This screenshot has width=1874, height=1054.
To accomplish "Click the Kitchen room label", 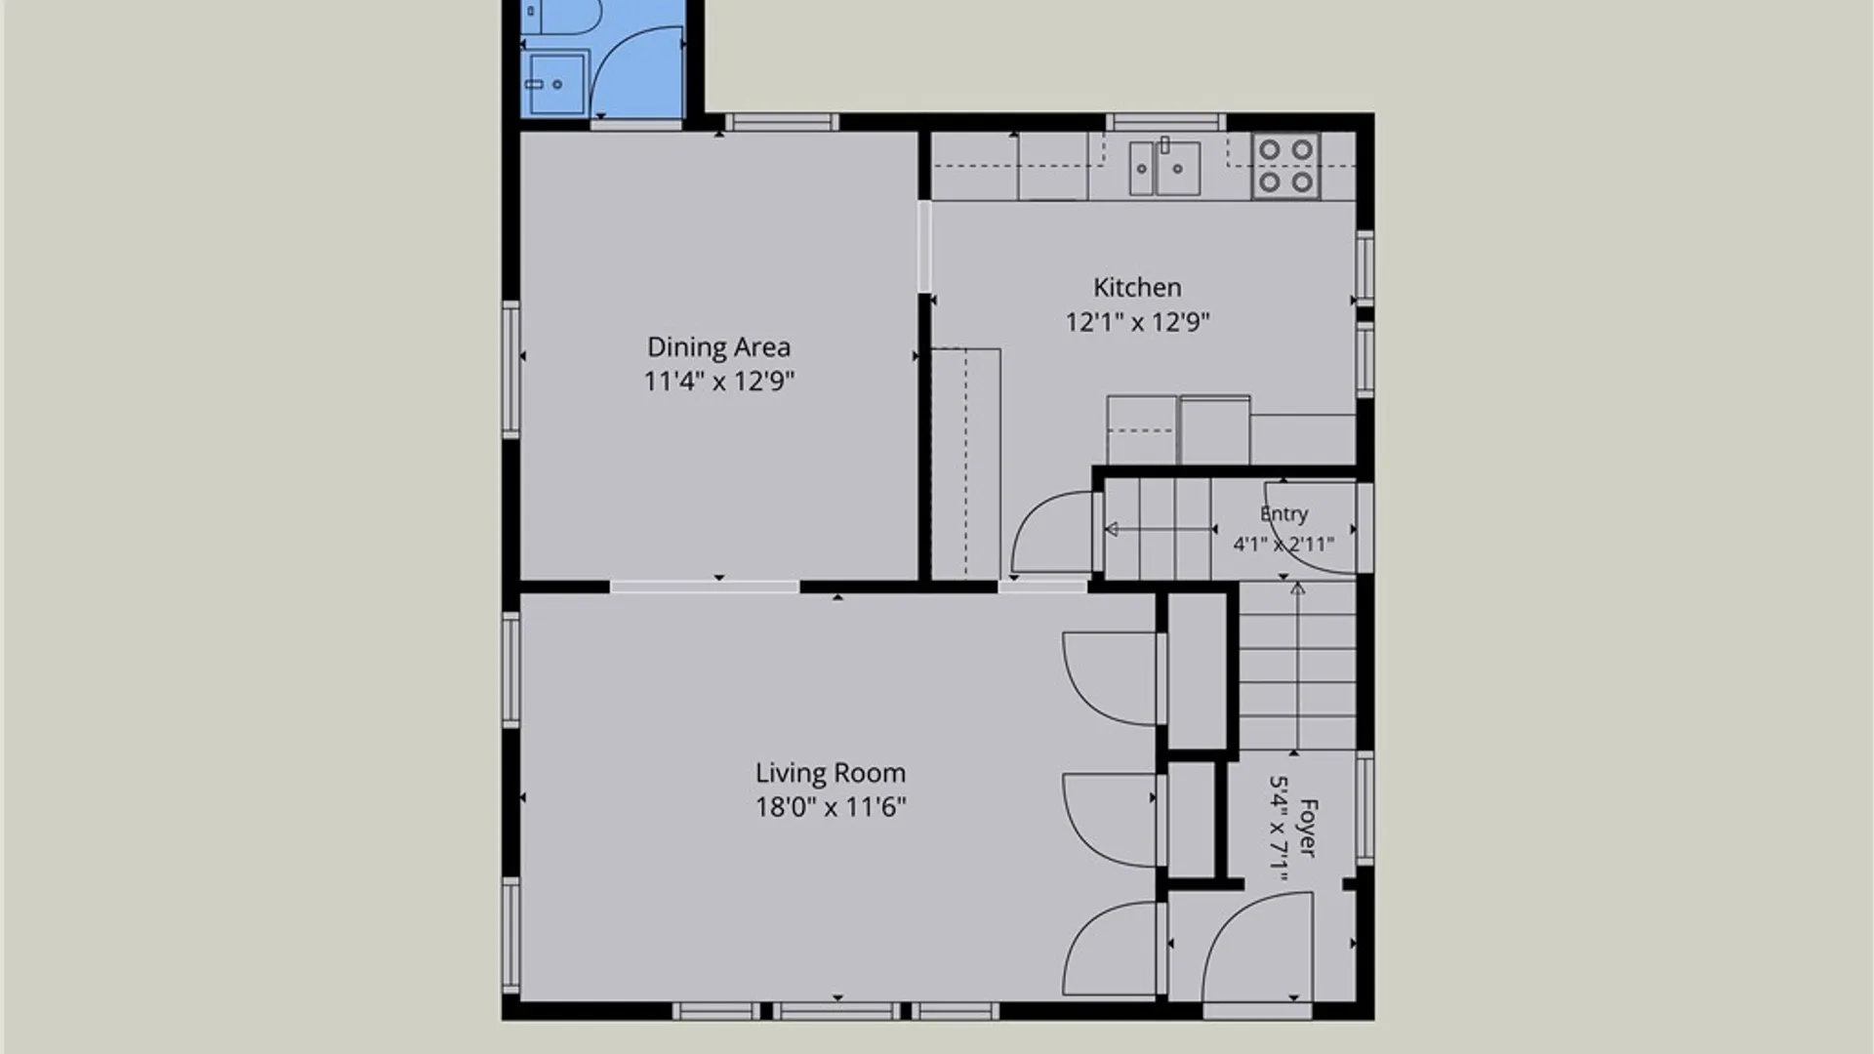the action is tap(1137, 287).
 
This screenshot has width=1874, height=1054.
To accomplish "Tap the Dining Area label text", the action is tap(718, 347).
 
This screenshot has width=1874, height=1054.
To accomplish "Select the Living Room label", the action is tap(831, 773).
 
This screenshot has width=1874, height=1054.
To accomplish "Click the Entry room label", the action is tap(1283, 514).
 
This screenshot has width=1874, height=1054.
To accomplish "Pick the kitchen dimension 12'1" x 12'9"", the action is tap(1137, 322).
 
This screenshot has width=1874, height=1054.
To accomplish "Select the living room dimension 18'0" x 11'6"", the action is tap(831, 807).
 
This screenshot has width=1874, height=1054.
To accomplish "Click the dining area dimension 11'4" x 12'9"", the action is tap(718, 381).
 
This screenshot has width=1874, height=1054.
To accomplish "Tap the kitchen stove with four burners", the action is tap(1286, 166).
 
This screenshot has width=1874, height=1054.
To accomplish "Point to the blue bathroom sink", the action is tap(556, 84).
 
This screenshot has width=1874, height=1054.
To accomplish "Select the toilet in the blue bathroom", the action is tap(560, 18).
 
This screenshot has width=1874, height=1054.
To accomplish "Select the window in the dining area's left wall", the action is tap(510, 369).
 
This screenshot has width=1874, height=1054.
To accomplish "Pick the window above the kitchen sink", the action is tap(1165, 122).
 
